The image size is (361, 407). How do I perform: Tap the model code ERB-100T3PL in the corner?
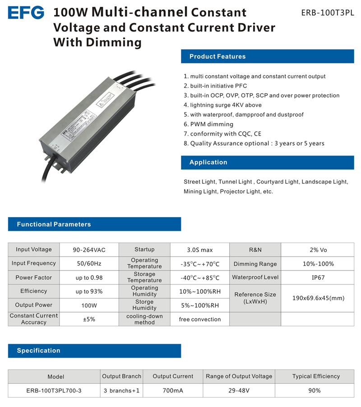pyautogui.click(x=328, y=13)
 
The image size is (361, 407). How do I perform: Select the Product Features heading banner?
pyautogui.click(x=267, y=57)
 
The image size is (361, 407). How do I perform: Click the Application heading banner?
pyautogui.click(x=267, y=162)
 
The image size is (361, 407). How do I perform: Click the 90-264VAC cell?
pyautogui.click(x=89, y=250)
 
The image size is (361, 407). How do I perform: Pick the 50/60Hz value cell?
pyautogui.click(x=89, y=264)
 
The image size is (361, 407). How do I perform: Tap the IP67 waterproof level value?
pyautogui.click(x=318, y=278)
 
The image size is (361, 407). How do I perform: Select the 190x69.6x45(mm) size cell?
pyautogui.click(x=318, y=298)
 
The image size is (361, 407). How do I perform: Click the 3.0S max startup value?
pyautogui.click(x=199, y=250)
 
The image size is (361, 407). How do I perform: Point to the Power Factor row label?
pyautogui.click(x=34, y=278)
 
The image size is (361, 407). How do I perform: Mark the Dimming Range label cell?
pyautogui.click(x=255, y=264)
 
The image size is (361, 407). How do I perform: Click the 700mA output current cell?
pyautogui.click(x=173, y=390)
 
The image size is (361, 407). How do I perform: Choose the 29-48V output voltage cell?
pyautogui.click(x=239, y=390)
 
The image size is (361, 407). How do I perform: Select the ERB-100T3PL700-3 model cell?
pyautogui.click(x=54, y=390)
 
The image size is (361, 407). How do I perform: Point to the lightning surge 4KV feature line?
pyautogui.click(x=222, y=105)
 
